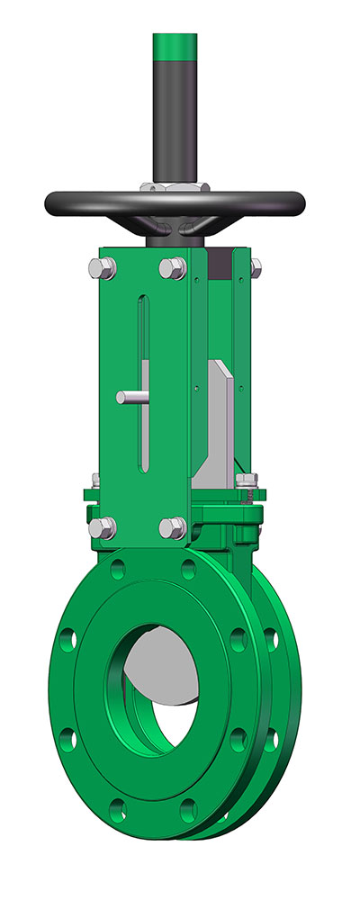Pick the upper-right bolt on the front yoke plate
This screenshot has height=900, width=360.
[x=172, y=267]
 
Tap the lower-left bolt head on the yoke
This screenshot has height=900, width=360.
[x=101, y=528]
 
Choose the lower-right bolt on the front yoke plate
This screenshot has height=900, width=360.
[x=172, y=527]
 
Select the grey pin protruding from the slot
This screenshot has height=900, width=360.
[x=130, y=397]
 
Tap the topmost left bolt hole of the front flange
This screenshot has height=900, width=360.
[x=115, y=570]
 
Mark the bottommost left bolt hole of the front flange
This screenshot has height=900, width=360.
[x=115, y=806]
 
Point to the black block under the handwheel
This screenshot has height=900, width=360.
[x=217, y=265]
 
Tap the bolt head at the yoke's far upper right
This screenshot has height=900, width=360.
[x=256, y=265]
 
